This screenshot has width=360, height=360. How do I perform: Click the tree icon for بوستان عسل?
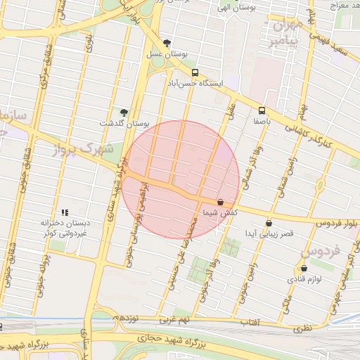click(167, 43)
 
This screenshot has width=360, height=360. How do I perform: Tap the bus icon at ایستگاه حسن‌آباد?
click(195, 72)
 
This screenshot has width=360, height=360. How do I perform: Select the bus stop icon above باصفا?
click(262, 110)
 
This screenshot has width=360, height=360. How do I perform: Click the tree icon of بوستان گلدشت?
click(124, 112)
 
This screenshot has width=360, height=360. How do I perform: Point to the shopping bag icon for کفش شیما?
click(220, 202)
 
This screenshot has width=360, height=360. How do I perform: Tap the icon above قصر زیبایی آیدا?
click(269, 224)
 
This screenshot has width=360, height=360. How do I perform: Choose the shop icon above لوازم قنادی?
click(304, 269)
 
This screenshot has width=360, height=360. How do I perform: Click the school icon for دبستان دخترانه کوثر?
click(65, 212)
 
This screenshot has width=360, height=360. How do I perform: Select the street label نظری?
click(301, 328)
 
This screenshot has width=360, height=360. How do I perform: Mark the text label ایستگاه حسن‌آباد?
click(195, 83)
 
